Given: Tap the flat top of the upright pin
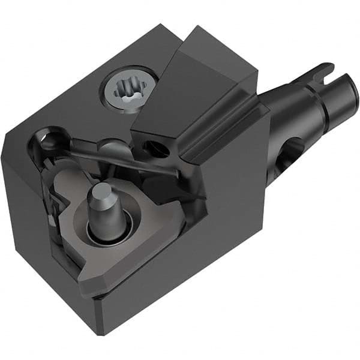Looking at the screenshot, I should click(100, 193).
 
